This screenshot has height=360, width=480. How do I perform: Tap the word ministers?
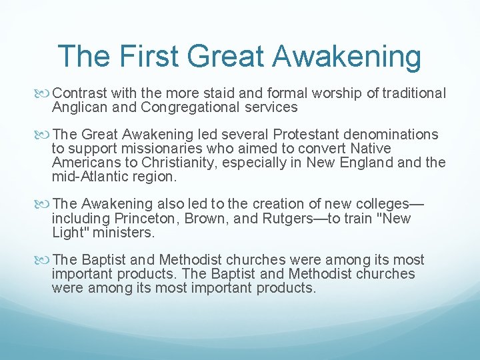click(x=123, y=233)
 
